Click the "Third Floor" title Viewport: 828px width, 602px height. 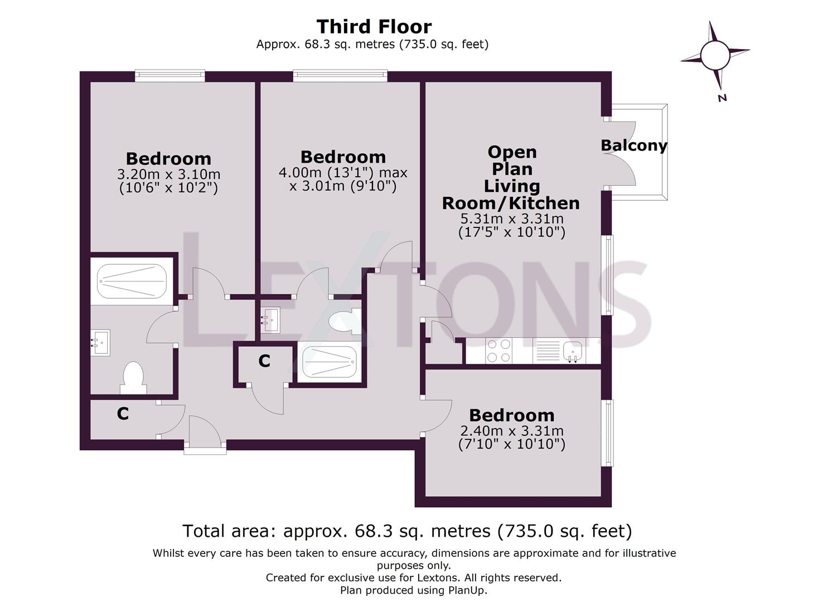(x=374, y=26)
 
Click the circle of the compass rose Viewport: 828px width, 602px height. (x=714, y=55)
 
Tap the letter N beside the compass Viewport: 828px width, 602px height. (x=722, y=98)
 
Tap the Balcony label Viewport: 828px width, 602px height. (x=633, y=145)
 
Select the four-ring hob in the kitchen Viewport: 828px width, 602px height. (x=498, y=351)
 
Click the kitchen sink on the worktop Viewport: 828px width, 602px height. (x=573, y=351)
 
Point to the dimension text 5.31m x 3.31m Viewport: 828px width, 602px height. (x=511, y=219)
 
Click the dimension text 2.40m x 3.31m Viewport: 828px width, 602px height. (x=511, y=431)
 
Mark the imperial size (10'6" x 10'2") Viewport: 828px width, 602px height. (x=168, y=188)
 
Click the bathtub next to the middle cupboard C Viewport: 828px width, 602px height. (x=329, y=362)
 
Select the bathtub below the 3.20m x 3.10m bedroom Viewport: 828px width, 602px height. (x=132, y=281)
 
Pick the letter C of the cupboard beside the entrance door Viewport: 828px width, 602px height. (x=123, y=414)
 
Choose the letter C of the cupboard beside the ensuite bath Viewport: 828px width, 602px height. (x=264, y=361)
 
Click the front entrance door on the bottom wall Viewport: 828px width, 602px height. (x=205, y=446)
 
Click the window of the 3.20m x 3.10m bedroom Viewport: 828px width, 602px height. (x=170, y=76)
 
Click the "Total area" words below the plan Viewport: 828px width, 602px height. (x=228, y=531)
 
